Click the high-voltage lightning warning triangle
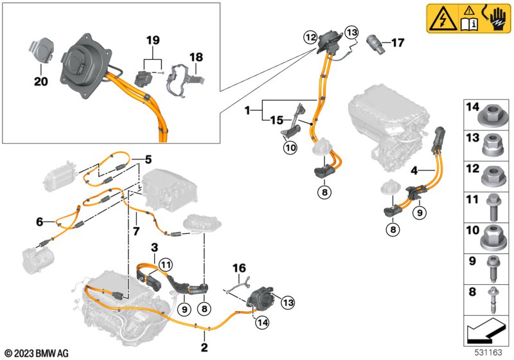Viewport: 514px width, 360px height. click(443, 19)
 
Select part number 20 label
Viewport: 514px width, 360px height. click(41, 81)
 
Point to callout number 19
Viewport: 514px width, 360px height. click(153, 40)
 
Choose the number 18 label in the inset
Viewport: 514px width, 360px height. click(196, 57)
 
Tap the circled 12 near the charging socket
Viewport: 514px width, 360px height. click(310, 38)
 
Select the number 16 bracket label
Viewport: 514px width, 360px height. click(239, 268)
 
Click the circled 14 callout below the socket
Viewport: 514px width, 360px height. click(263, 323)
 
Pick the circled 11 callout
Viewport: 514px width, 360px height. click(166, 265)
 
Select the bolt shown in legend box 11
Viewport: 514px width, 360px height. click(493, 207)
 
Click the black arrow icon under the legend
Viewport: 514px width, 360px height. click(485, 330)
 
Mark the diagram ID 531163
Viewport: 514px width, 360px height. click(488, 352)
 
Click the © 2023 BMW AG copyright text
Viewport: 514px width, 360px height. click(37, 353)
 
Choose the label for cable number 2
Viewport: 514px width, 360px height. click(204, 347)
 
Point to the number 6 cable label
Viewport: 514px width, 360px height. click(40, 222)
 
